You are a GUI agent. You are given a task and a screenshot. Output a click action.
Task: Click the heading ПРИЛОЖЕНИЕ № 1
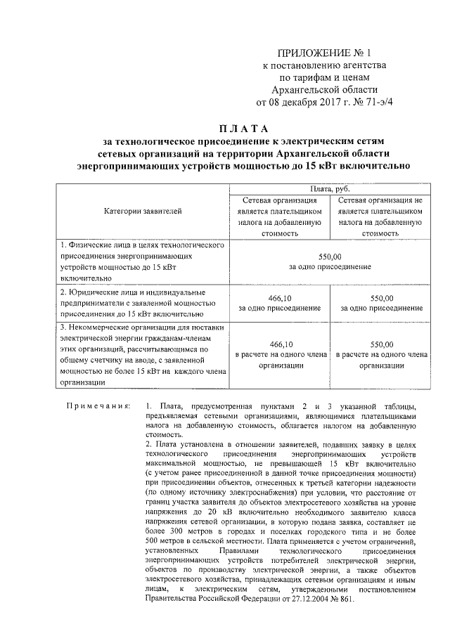324,53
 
